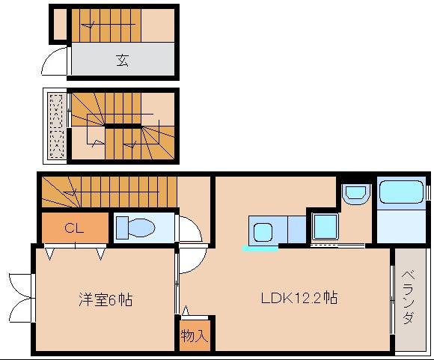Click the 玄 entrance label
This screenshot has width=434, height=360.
coord(122,61)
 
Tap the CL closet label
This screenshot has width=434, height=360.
coord(73,228)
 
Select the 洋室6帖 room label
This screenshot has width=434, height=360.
coord(106,300)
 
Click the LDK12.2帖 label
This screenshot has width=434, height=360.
coord(299,298)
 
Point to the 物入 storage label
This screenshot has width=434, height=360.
coord(194,336)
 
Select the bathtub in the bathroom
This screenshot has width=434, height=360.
coord(402,192)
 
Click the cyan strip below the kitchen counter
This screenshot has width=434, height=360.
coord(260,248)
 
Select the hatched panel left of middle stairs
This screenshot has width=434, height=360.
coord(57,125)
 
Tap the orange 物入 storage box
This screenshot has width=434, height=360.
coord(195,334)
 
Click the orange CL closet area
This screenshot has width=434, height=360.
coord(73,228)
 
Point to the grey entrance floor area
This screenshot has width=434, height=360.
coord(122,60)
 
